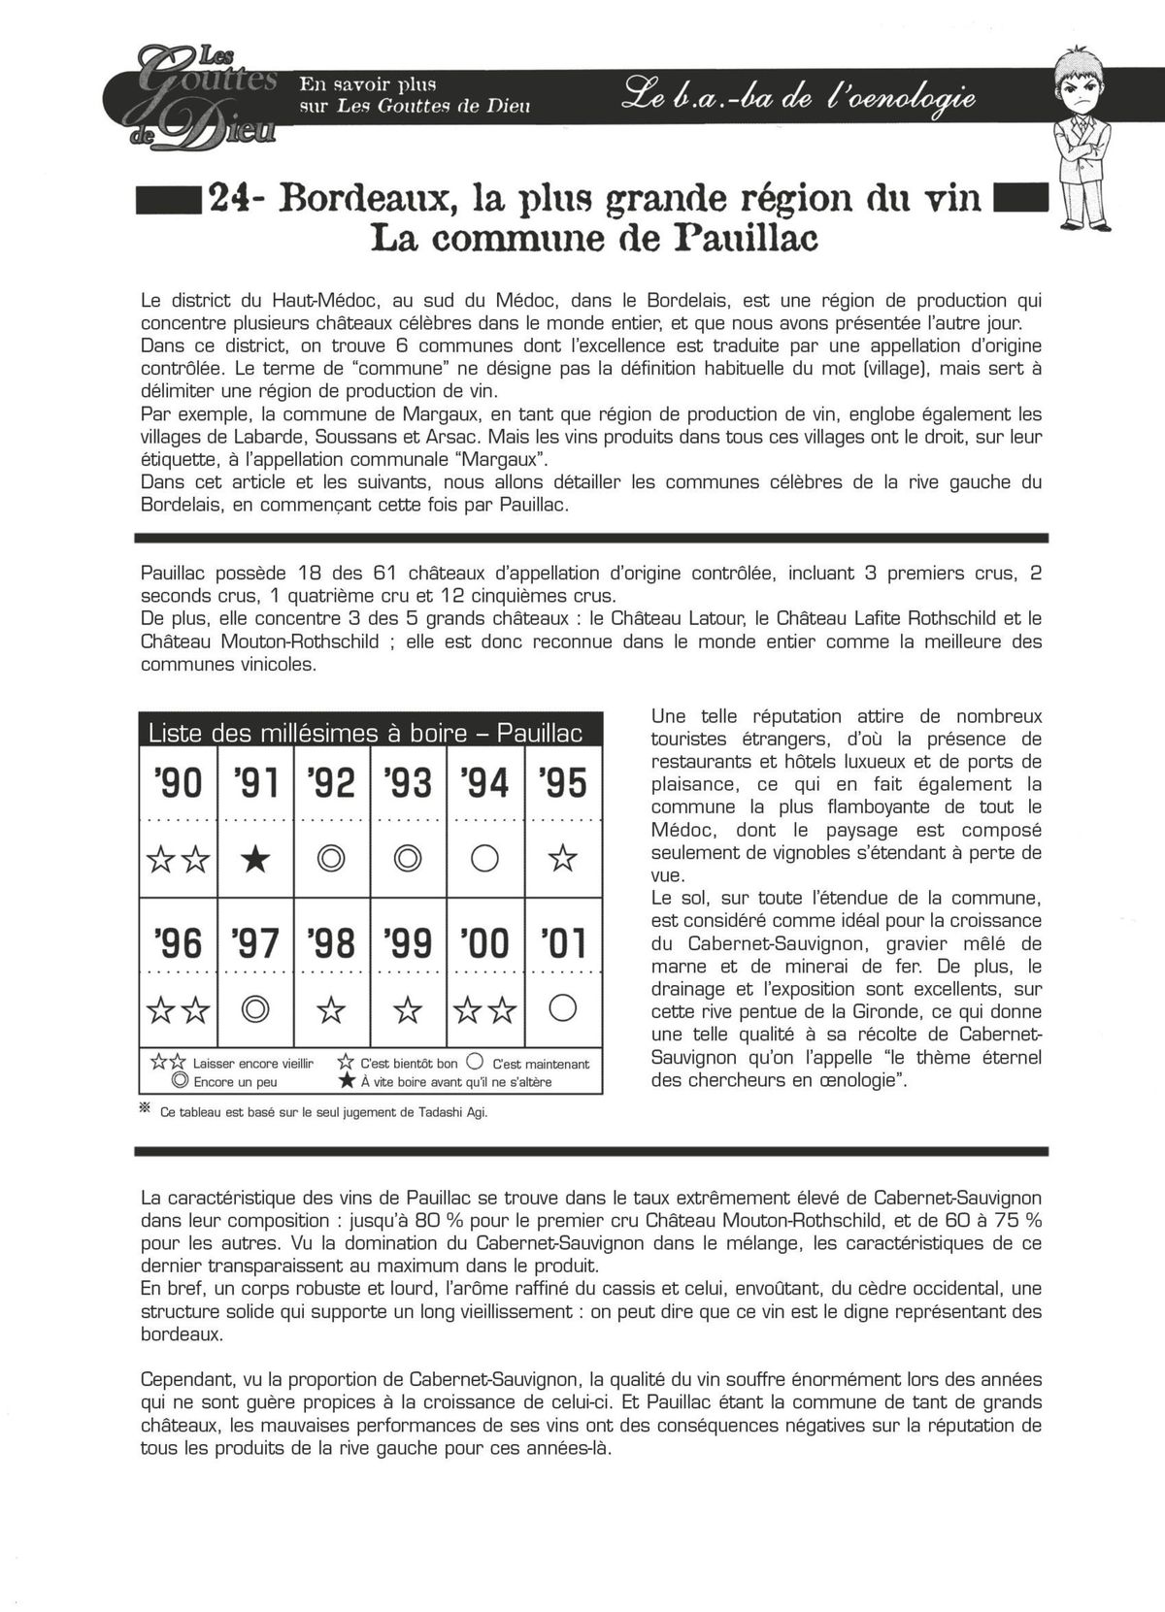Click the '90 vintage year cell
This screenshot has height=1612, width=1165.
pyautogui.click(x=179, y=782)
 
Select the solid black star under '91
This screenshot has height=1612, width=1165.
pyautogui.click(x=254, y=859)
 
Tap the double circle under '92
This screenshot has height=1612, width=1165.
pyautogui.click(x=332, y=859)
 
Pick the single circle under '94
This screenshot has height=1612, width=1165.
pyautogui.click(x=485, y=859)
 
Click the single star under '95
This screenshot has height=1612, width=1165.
pyautogui.click(x=563, y=859)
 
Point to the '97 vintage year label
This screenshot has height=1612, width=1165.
pyautogui.click(x=254, y=942)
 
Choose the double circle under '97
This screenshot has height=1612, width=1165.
pyautogui.click(x=254, y=1010)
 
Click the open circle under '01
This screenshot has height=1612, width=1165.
pyautogui.click(x=563, y=1009)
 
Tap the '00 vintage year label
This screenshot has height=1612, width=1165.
pyautogui.click(x=485, y=942)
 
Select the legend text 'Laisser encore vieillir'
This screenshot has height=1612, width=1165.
pyautogui.click(x=253, y=1064)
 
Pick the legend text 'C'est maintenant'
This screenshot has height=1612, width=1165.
pyautogui.click(x=541, y=1064)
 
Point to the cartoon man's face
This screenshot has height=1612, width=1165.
pyautogui.click(x=1085, y=93)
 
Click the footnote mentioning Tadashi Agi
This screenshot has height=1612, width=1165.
pyautogui.click(x=324, y=1112)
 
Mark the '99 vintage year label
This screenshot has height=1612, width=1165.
pyautogui.click(x=408, y=942)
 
